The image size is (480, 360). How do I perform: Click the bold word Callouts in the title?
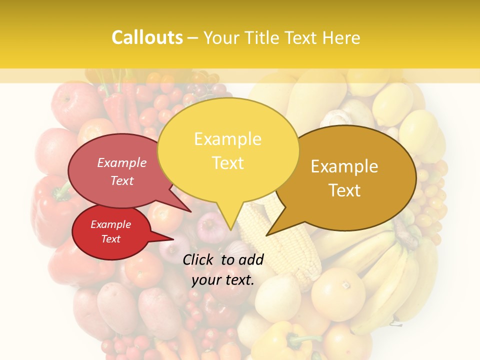coord(147,37)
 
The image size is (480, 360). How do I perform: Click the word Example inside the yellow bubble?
coord(227,139)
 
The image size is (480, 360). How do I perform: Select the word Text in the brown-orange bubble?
coord(344,190)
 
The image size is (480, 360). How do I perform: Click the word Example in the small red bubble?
coord(110,224)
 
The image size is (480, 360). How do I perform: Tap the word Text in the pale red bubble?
coord(122,180)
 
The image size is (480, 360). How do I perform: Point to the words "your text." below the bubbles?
coord(222,280)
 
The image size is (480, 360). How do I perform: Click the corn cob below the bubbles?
coord(280,245)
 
